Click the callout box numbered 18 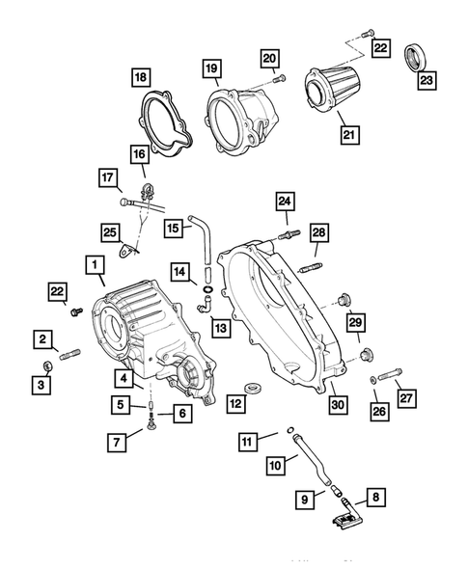(x=142, y=76)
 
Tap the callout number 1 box (x=95, y=262)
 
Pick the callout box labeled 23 (x=425, y=81)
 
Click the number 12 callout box (x=234, y=401)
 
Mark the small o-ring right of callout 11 (x=290, y=431)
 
